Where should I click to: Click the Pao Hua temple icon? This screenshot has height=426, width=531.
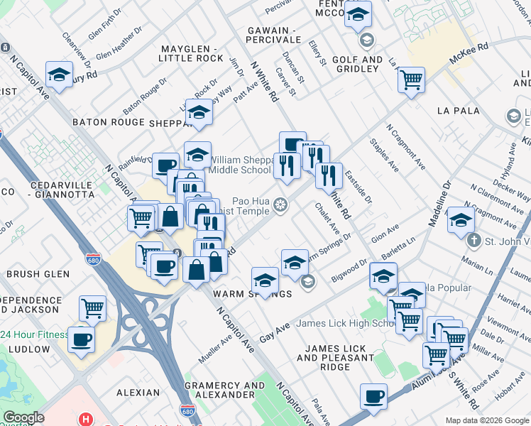281,205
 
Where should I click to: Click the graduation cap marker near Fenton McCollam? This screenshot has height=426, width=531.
358,14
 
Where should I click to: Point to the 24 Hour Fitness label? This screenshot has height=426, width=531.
33,335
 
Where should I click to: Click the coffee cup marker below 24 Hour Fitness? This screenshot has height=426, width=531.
80,338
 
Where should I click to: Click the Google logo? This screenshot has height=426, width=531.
23,417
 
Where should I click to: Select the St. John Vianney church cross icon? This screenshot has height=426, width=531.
474,240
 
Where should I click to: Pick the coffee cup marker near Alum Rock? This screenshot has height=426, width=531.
373,396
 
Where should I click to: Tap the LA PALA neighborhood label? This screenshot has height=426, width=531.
459,111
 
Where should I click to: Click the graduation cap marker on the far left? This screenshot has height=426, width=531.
60,74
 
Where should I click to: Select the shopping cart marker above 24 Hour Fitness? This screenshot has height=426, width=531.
92,307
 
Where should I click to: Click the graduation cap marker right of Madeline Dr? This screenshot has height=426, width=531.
461,219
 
